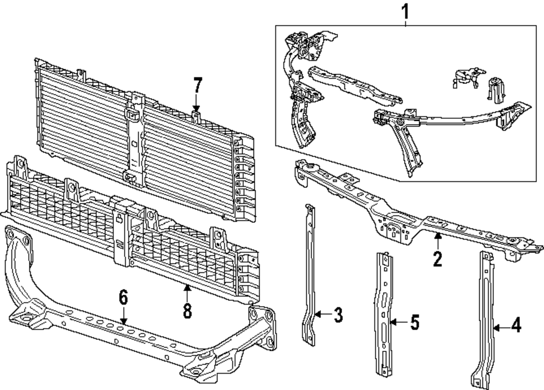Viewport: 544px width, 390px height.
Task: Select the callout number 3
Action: tap(338, 314)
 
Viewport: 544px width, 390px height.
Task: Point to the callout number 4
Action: tap(516, 326)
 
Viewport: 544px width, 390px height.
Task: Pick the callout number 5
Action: tap(415, 323)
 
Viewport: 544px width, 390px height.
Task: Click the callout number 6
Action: tap(123, 297)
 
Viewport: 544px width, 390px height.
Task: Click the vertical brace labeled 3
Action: tap(310, 272)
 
